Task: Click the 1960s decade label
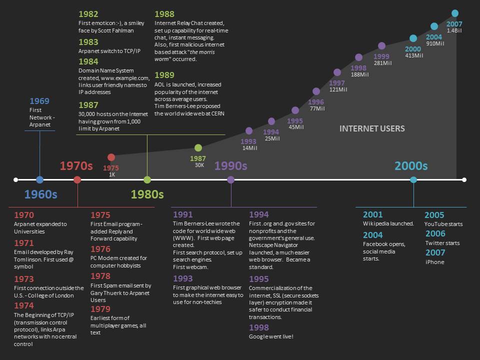coord(40,194)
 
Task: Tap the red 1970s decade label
coord(76,165)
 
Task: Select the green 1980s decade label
coord(147,194)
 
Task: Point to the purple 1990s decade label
coord(230,165)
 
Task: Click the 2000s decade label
coord(411,165)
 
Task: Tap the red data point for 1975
coord(111,157)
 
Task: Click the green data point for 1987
coord(198,148)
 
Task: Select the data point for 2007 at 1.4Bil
coord(454,13)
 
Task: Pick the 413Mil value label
coord(413,56)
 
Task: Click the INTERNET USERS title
coord(372,128)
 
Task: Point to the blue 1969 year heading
coord(39,101)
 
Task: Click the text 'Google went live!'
coord(271,336)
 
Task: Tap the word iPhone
coord(434,262)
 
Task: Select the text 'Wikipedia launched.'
coord(388,223)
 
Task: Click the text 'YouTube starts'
coord(443,224)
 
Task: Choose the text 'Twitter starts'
coord(442,243)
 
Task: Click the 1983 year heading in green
coord(88,42)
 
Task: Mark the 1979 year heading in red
coord(100,309)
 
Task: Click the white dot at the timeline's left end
coord(15,179)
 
